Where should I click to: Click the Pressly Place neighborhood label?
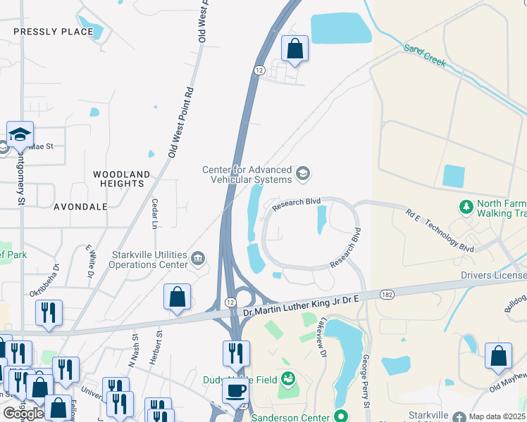point(53,32)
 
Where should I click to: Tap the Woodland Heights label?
point(122,179)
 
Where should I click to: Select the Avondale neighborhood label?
point(81,207)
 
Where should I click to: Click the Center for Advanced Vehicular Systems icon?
point(303,174)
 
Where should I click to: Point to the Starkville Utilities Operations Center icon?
point(198,260)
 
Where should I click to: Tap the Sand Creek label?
point(425,56)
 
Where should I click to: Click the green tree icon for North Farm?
point(465,207)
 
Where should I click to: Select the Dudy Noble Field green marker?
point(287,379)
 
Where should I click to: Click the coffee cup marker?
point(235,391)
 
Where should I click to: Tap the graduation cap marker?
point(20,134)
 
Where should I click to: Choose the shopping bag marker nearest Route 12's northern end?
point(294,49)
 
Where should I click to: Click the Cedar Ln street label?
point(154,214)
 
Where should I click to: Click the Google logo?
point(23,414)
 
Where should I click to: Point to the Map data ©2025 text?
point(497,416)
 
